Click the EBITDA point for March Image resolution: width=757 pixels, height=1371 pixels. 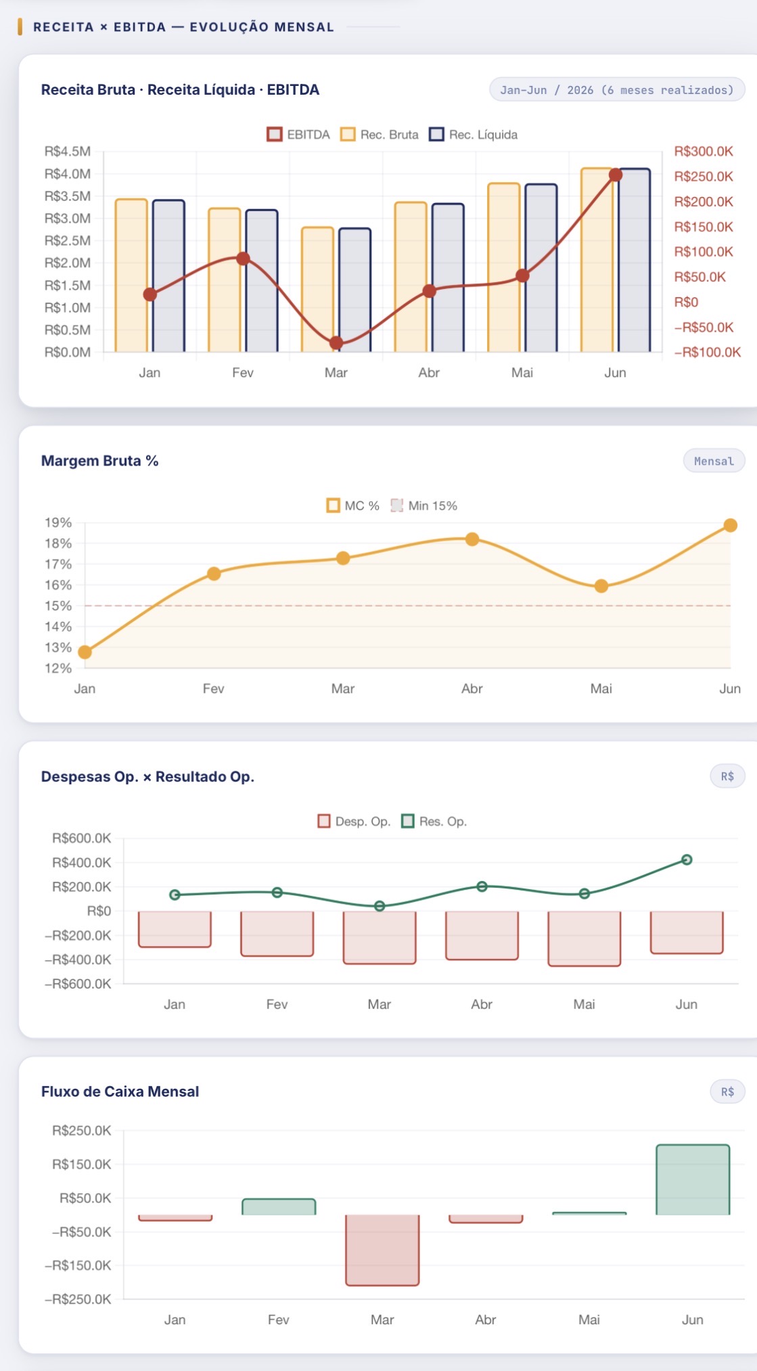point(336,343)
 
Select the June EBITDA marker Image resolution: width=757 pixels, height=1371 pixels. point(616,175)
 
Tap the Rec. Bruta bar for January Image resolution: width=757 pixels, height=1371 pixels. point(131,275)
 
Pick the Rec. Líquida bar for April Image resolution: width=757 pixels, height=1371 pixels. point(448,277)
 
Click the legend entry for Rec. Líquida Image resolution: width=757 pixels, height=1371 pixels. point(474,135)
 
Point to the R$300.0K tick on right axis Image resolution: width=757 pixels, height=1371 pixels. point(704,152)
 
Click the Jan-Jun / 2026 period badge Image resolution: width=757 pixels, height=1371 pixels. point(617,90)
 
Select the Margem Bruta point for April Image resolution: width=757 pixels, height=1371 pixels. point(472,539)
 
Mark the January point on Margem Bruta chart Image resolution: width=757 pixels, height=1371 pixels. point(85,652)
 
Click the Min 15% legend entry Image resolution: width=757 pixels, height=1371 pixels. point(424,505)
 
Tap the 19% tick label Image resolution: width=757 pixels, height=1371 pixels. point(58,522)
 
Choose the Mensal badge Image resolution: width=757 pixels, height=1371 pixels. point(714,461)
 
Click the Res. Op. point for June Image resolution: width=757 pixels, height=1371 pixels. point(687,860)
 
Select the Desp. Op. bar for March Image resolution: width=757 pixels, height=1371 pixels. point(380,937)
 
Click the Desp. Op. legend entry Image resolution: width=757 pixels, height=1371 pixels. point(354,822)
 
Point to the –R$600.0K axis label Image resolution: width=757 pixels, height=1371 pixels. point(78,984)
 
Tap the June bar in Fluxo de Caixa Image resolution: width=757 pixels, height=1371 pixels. point(693,1179)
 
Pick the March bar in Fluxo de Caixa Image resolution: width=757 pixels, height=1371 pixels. point(382,1250)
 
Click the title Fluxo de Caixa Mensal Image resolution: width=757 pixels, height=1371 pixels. point(120,1092)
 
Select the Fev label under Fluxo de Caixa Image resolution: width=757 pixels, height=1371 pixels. point(279,1320)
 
